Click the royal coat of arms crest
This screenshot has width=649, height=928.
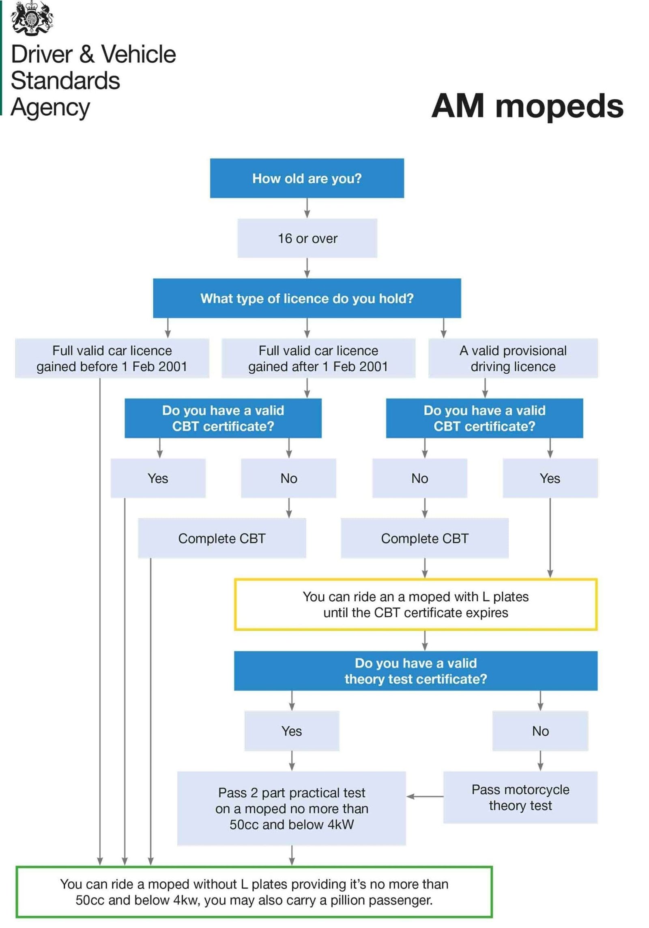(x=32, y=18)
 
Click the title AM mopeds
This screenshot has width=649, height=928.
(x=527, y=106)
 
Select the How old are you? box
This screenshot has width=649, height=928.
(x=307, y=178)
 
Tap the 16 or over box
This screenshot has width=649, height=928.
(x=307, y=238)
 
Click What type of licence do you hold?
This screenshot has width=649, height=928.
(x=307, y=298)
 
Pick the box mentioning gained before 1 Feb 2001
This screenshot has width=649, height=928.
(x=112, y=358)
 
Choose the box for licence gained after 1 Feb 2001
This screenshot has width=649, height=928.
(x=318, y=358)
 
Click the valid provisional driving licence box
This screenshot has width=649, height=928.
(x=513, y=358)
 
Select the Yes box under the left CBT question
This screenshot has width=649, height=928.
(x=158, y=478)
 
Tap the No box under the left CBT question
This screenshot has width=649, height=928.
(x=288, y=478)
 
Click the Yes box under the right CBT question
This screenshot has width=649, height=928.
(x=550, y=478)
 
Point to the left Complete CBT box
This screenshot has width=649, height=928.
(x=221, y=538)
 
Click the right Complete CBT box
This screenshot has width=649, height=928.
(x=424, y=538)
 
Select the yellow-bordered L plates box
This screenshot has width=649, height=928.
(x=415, y=604)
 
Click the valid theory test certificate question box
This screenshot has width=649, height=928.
(x=415, y=671)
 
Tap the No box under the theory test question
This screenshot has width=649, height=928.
(x=540, y=731)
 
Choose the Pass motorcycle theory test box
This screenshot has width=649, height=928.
(x=520, y=797)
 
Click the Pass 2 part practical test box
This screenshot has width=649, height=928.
(x=291, y=808)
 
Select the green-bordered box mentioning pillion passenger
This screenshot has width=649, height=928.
(x=254, y=891)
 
